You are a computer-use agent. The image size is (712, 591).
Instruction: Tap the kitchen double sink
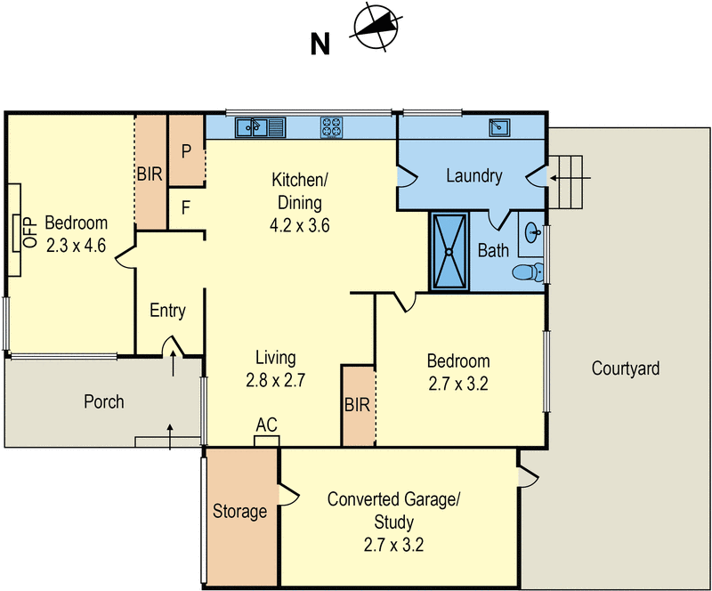(x=259, y=128)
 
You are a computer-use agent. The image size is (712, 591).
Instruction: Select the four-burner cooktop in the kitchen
(x=333, y=128)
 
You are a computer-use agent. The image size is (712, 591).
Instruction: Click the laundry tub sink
(x=498, y=127)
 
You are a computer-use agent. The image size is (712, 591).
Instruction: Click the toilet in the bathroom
(x=529, y=272)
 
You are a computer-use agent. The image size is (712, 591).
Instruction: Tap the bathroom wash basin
(x=533, y=234)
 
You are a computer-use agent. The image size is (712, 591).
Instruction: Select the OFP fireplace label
(x=28, y=231)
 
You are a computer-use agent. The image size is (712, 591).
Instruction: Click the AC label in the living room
(x=266, y=425)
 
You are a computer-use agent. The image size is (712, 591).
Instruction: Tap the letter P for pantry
(x=187, y=151)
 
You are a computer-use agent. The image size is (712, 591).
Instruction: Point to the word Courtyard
(x=625, y=368)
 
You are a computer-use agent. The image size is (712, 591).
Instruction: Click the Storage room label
(x=239, y=512)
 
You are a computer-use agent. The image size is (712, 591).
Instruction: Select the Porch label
(x=103, y=402)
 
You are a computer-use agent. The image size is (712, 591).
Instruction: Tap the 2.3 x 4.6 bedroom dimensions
(x=76, y=245)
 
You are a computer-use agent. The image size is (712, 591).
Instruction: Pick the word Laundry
(x=473, y=175)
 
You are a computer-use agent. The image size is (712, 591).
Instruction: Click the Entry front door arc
(x=170, y=344)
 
